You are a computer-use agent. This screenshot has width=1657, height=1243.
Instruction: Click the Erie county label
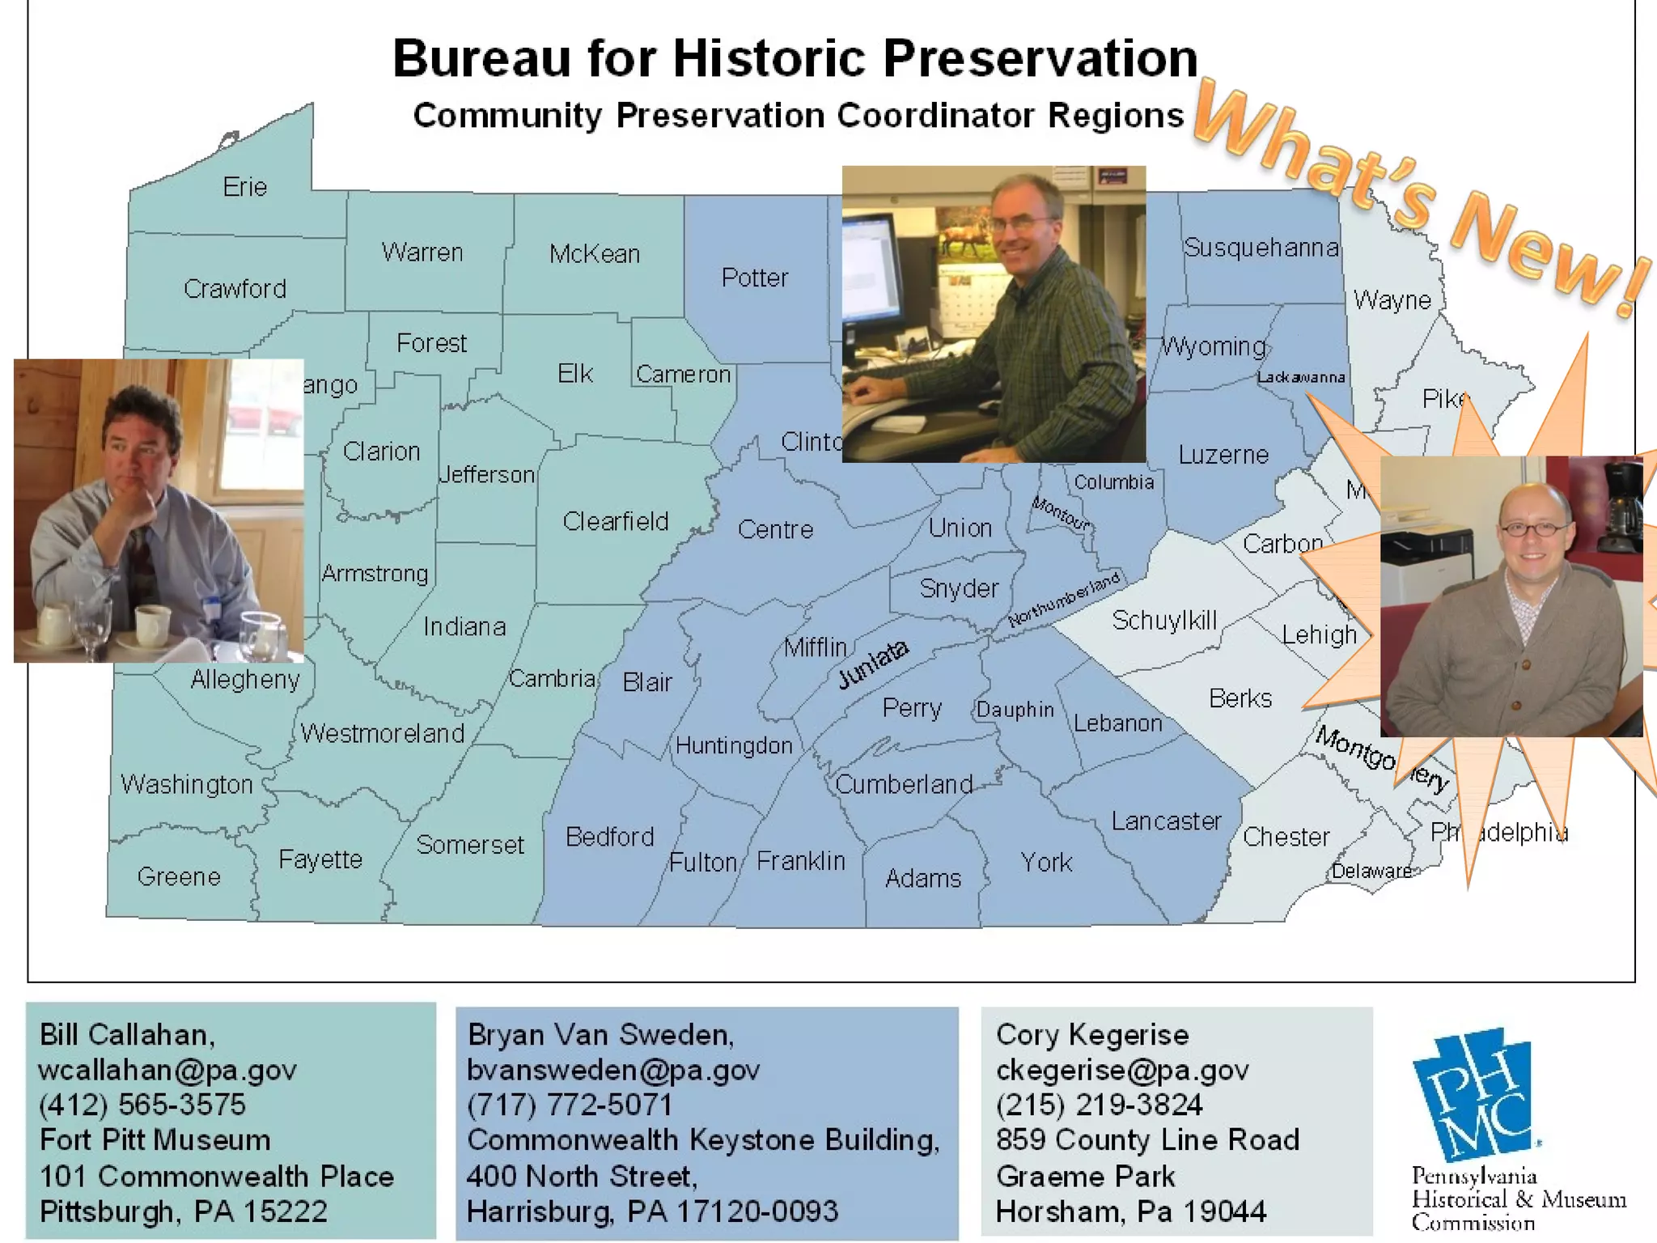tap(244, 187)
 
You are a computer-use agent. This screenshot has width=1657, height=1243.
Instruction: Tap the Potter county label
tap(754, 278)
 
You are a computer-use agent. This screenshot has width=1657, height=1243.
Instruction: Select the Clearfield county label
tap(615, 521)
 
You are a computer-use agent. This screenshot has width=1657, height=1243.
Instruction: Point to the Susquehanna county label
tap(1261, 247)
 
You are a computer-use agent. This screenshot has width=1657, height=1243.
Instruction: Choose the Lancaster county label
tap(1166, 821)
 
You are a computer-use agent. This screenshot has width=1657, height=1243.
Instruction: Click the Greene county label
tap(179, 876)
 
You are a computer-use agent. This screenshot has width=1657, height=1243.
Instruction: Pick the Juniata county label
tap(872, 664)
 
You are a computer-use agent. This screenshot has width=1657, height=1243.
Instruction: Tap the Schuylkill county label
tap(1164, 621)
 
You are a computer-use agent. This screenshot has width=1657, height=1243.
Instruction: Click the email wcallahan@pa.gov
tap(167, 1070)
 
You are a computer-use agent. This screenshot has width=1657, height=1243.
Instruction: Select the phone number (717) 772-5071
tap(570, 1105)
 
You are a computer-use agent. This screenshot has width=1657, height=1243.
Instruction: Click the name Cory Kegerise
tap(1092, 1034)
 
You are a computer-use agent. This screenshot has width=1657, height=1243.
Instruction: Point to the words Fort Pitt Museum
tap(155, 1139)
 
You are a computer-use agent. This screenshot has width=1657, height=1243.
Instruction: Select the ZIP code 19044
tap(1225, 1211)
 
